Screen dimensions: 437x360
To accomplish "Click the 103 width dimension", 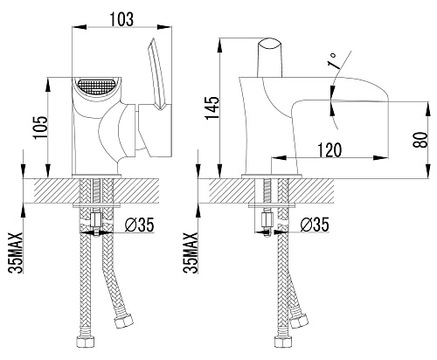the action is (x=121, y=19).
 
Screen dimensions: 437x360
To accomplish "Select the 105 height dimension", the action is (x=40, y=128).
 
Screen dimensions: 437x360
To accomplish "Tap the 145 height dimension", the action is (x=212, y=107).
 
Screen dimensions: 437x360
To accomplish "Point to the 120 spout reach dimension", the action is (x=329, y=150).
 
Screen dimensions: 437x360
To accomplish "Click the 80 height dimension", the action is (x=420, y=140).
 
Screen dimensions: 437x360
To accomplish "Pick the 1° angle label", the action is (x=333, y=61).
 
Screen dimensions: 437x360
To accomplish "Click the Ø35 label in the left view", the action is (x=139, y=225).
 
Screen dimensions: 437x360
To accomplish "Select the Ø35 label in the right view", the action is (x=315, y=225).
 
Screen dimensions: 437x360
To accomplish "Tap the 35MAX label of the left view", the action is (x=16, y=253).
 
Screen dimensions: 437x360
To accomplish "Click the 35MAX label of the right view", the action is (x=191, y=253).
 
